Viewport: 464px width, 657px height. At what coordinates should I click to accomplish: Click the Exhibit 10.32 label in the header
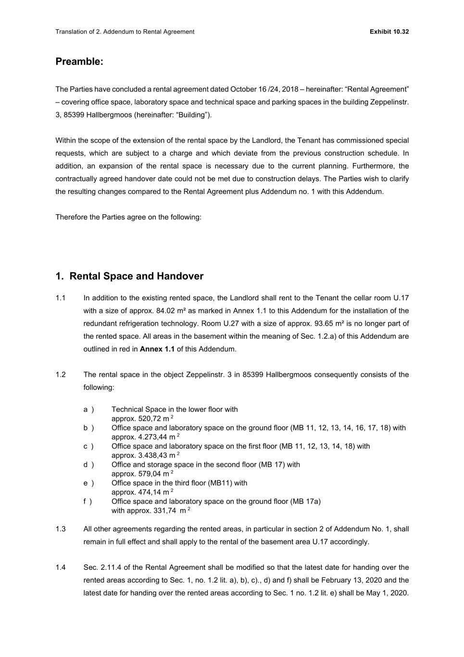[389, 32]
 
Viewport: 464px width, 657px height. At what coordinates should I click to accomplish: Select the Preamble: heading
[79, 62]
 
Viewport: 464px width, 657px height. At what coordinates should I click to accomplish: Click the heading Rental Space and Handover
[136, 276]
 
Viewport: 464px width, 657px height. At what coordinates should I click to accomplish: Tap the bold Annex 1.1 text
[157, 349]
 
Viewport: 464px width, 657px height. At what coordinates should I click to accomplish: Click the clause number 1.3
[61, 529]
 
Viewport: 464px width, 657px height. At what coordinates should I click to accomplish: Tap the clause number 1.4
[61, 567]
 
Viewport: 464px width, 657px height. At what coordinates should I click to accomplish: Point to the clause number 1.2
[61, 374]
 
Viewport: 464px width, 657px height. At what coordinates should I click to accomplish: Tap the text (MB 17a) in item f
[305, 501]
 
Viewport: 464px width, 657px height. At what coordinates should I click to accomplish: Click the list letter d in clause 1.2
[86, 464]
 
